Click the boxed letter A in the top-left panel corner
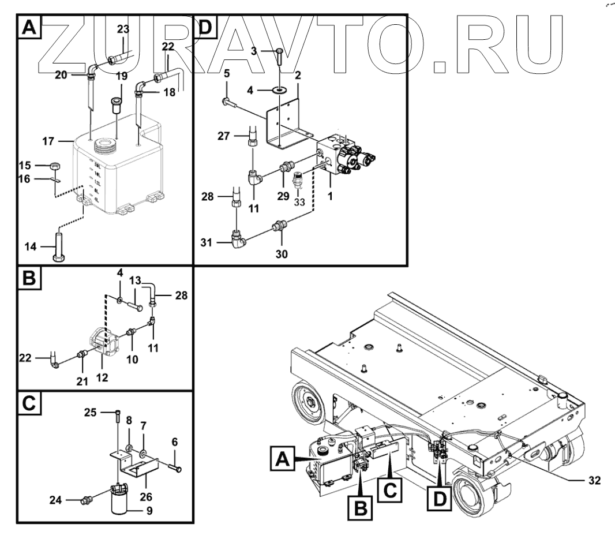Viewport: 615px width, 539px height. [29, 27]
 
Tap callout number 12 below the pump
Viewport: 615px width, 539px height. [102, 379]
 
